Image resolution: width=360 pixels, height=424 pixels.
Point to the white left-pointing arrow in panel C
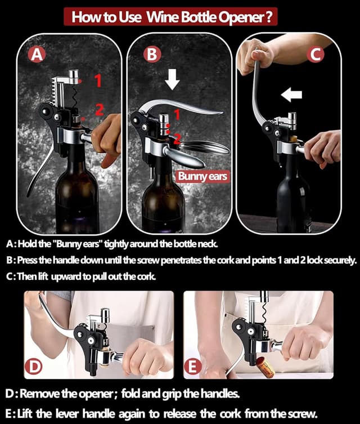tap(291, 94)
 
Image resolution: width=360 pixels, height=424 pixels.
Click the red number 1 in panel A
tap(97, 81)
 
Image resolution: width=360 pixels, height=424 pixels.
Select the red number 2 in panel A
tap(99, 109)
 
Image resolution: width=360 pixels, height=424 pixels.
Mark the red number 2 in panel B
tap(177, 137)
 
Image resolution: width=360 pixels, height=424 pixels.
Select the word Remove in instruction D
tap(42, 391)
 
